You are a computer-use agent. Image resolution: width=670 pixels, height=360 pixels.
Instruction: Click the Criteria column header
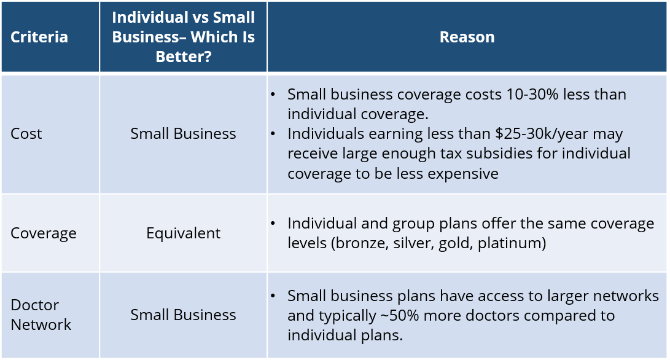pyautogui.click(x=39, y=37)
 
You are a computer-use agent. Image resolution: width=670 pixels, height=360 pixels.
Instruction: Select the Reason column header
pyautogui.click(x=467, y=37)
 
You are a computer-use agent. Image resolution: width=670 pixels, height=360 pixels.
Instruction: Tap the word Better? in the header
pyautogui.click(x=183, y=57)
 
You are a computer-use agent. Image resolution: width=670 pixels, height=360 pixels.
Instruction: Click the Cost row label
pyautogui.click(x=26, y=134)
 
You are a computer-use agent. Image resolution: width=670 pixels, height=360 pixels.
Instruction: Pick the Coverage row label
pyautogui.click(x=44, y=233)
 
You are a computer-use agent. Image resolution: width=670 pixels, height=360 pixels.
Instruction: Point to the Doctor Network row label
pyautogui.click(x=41, y=315)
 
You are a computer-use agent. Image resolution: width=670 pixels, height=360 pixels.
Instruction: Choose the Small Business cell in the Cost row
pyautogui.click(x=183, y=134)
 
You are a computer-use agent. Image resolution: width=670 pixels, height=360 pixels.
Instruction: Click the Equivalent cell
pyautogui.click(x=183, y=233)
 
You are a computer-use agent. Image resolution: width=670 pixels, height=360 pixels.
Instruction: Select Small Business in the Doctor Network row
pyautogui.click(x=183, y=315)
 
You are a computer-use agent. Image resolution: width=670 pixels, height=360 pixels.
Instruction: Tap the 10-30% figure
pyautogui.click(x=532, y=95)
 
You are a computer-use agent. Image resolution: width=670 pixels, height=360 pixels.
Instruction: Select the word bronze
pyautogui.click(x=359, y=243)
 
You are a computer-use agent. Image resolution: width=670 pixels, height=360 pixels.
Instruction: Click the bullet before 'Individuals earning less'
pyautogui.click(x=273, y=135)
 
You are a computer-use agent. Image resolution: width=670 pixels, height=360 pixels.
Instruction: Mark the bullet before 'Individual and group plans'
pyautogui.click(x=273, y=224)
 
